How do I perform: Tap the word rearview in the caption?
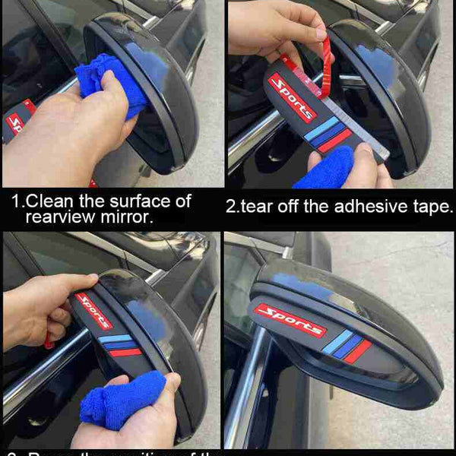tap(60, 217)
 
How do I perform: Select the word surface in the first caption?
tap(134, 202)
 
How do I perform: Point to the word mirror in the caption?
tap(130, 217)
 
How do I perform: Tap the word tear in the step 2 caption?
tap(262, 207)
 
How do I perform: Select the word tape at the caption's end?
tap(429, 207)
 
